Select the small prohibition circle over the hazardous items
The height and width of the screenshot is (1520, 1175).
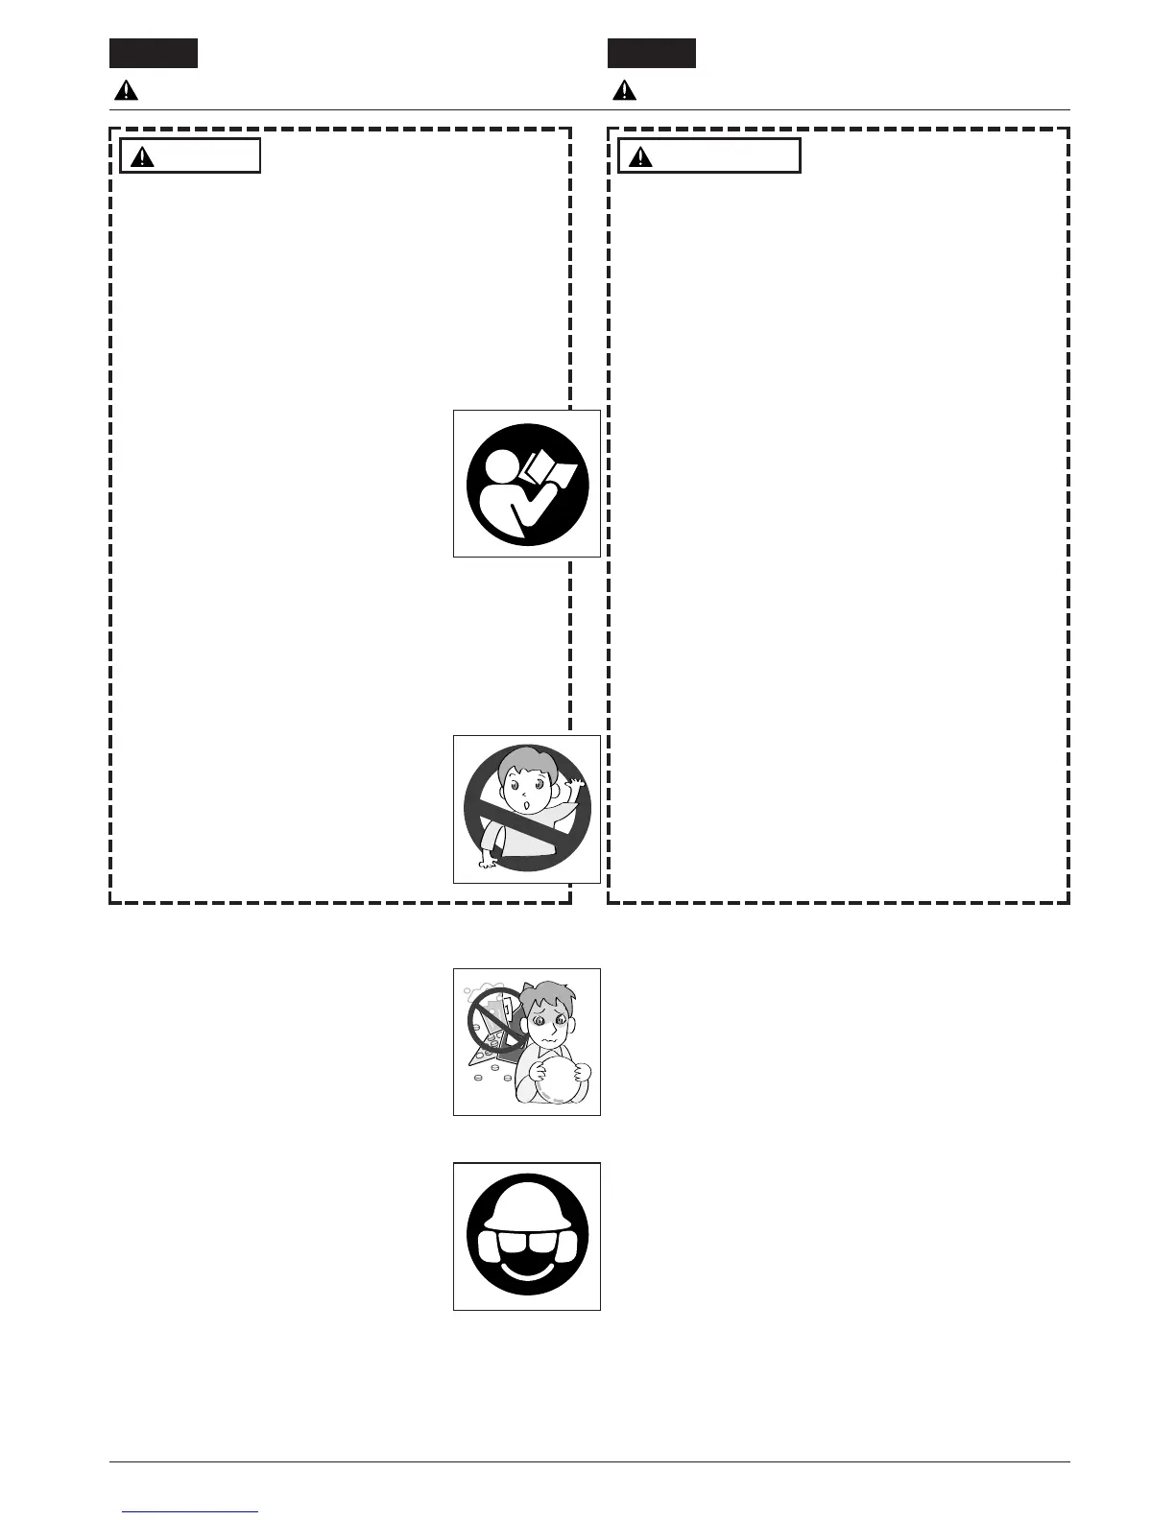tap(495, 1020)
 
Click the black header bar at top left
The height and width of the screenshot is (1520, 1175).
tap(154, 54)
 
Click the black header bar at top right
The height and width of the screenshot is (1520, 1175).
tap(652, 54)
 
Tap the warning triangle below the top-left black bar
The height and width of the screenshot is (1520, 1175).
tap(126, 91)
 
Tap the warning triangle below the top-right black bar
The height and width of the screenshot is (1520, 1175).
tap(625, 91)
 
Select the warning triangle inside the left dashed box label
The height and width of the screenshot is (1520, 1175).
tap(142, 156)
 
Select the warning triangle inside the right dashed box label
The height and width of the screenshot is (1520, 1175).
tap(640, 156)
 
